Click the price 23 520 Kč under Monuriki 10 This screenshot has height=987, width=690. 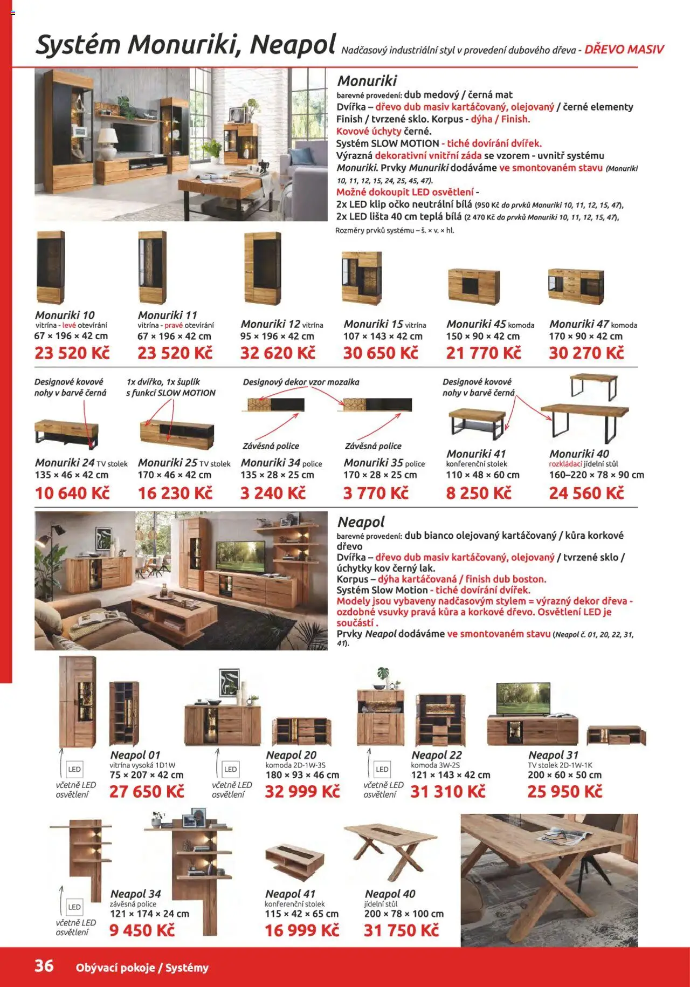[x=72, y=353]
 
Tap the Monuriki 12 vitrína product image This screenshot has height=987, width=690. [x=263, y=268]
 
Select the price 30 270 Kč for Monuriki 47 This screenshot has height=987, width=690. [x=586, y=353]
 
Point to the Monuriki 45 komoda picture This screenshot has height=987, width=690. [x=474, y=285]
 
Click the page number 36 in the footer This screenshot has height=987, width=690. [x=44, y=965]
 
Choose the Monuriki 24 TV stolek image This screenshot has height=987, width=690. [x=67, y=431]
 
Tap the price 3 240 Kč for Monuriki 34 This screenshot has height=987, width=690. [x=273, y=493]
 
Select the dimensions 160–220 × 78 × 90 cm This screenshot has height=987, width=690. [x=597, y=475]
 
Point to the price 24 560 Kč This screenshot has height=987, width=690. [x=586, y=493]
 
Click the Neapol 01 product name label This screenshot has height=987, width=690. [x=135, y=755]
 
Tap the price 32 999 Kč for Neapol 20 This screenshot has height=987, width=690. [x=302, y=791]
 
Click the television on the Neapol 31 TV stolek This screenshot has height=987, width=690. [x=523, y=700]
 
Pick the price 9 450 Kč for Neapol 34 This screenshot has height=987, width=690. [x=142, y=930]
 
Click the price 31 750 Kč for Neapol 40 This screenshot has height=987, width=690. [x=402, y=930]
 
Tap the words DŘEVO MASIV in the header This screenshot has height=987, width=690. [x=624, y=50]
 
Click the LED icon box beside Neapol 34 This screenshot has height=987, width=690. [x=74, y=907]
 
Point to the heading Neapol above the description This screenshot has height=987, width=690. [x=361, y=522]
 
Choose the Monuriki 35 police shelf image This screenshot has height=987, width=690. [x=375, y=405]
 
